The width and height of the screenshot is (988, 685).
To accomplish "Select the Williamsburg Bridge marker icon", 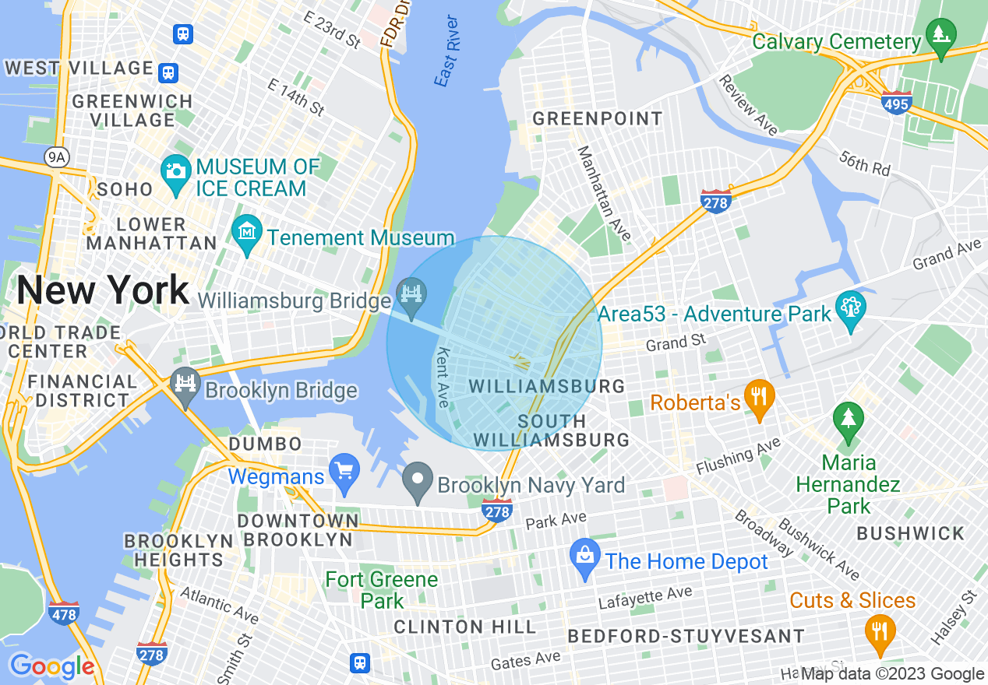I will pos(411,293).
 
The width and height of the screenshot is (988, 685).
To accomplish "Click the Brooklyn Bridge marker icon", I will pos(185,384).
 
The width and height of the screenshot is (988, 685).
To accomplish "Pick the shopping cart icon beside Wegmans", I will pos(344,469).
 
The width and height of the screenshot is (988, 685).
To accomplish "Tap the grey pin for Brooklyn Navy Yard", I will pos(418,479).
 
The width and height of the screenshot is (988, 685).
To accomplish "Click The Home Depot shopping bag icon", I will pos(584,555).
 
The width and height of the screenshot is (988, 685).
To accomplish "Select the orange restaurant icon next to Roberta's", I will pos(757,395).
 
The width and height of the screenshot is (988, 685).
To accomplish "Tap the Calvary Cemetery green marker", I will pos(941,35).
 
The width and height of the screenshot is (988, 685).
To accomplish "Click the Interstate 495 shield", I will pos(897,103).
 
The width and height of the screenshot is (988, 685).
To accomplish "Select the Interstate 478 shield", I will pos(64,613).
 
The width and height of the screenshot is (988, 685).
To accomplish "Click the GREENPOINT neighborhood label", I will pos(598,119).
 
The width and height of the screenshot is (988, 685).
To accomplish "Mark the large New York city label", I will pos(103,290).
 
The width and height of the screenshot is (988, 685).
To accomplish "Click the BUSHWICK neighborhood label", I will pos(910,534).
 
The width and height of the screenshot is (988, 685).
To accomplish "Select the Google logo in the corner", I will pos(51,666).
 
